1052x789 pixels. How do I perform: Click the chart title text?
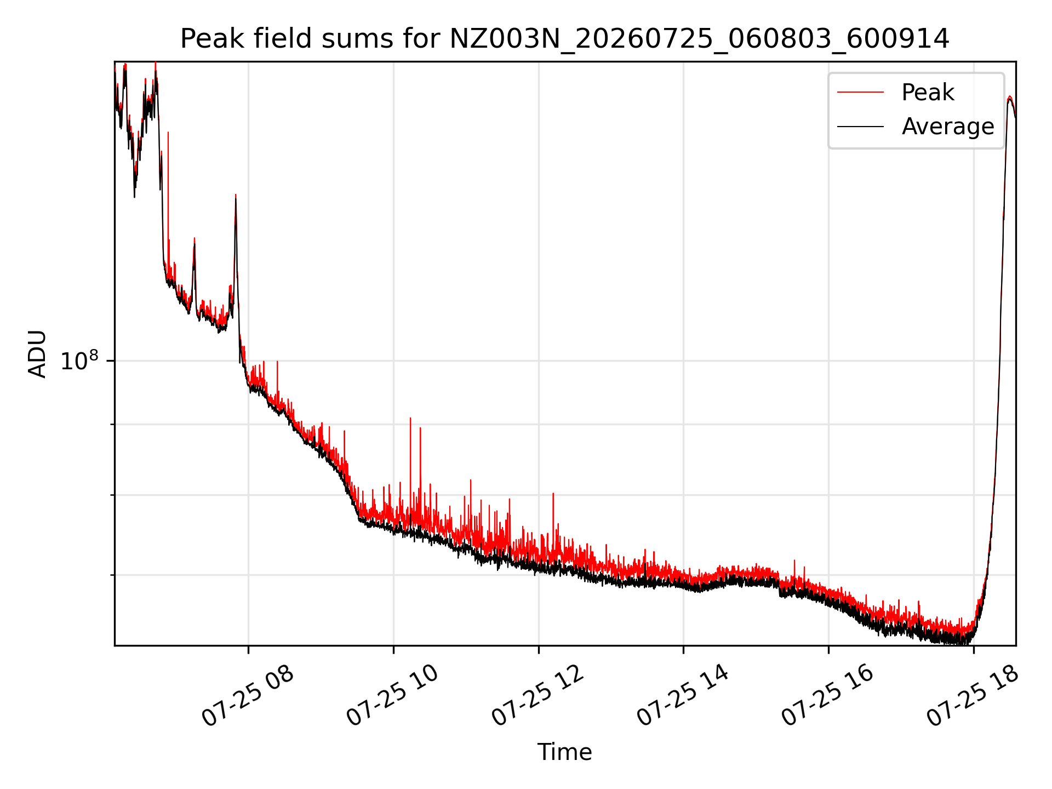coord(564,39)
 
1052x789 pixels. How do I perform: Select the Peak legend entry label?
coord(928,93)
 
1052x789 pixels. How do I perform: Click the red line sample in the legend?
coord(860,93)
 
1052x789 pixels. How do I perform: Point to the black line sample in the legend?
coord(860,127)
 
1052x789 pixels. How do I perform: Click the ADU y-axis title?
coord(37,354)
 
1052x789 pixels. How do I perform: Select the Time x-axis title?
coord(564,752)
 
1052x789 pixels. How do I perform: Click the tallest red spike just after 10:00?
coord(410,419)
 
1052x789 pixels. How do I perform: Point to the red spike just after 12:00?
coord(553,494)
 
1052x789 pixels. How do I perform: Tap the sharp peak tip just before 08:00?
coord(236,195)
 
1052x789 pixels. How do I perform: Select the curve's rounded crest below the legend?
coord(1009,97)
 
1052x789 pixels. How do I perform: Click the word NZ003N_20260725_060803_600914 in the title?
coord(699,39)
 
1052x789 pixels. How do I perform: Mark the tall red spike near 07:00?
coord(168,133)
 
